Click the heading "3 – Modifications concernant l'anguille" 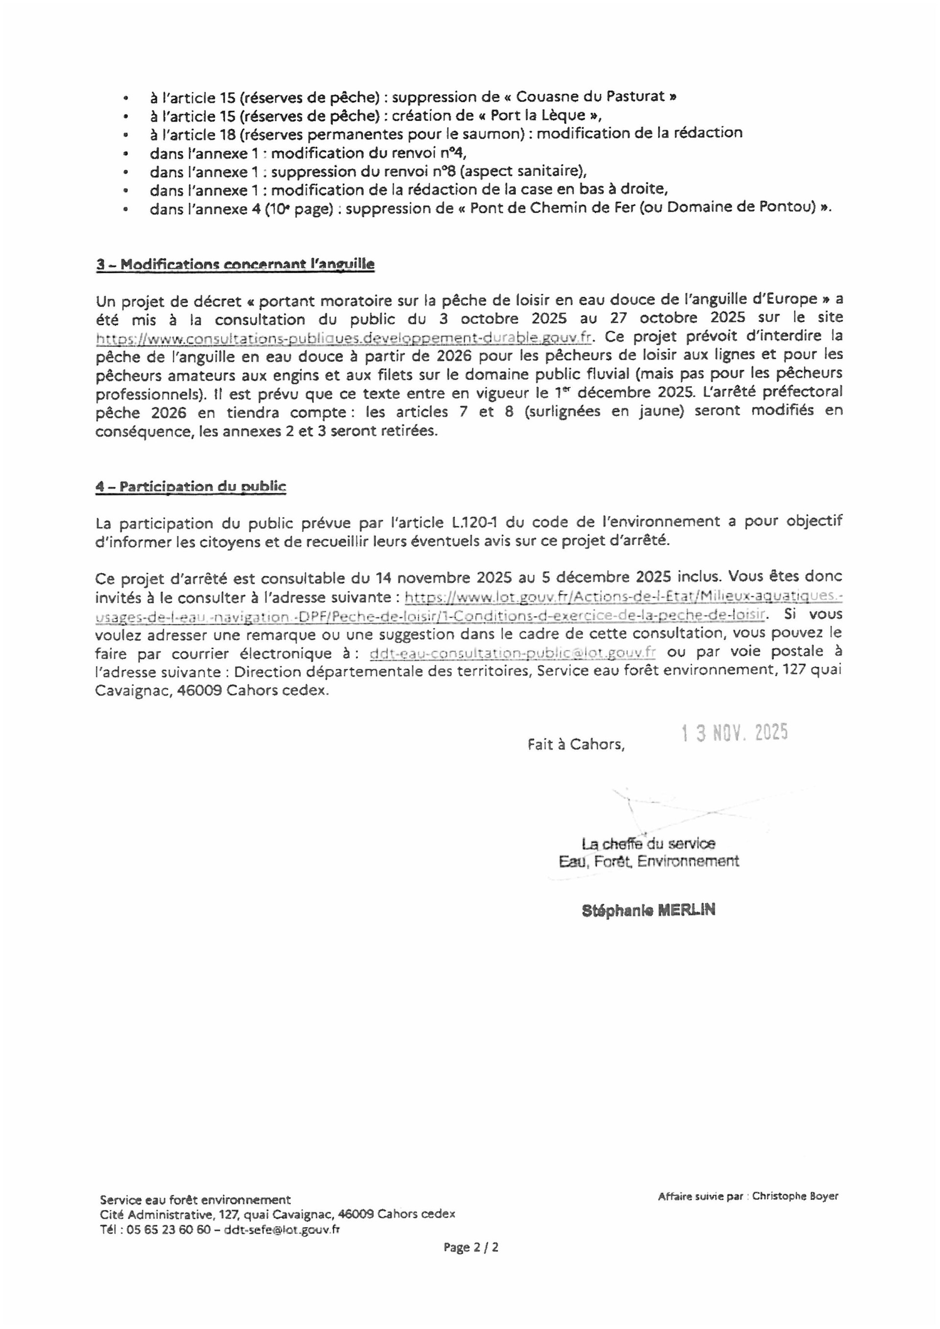coord(235,264)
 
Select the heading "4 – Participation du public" coord(191,486)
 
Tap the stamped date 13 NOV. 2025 coord(734,733)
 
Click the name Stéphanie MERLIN coord(648,910)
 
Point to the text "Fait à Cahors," coord(576,744)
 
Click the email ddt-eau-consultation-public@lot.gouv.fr coord(512,653)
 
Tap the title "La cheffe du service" coord(648,843)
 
